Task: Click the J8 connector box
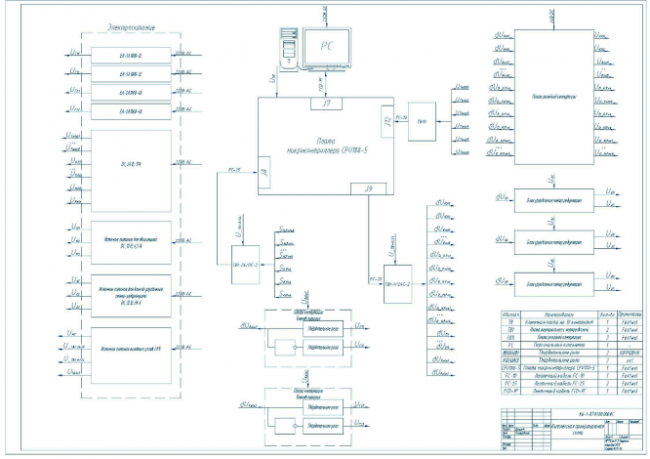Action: coord(264,172)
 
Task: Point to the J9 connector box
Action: coord(367,187)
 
